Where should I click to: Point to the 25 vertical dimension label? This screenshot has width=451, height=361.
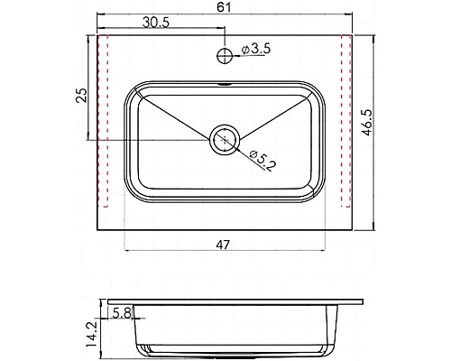pyautogui.click(x=80, y=97)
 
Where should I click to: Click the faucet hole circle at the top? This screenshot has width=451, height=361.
pyautogui.click(x=224, y=56)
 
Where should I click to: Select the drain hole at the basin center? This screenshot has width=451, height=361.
pyautogui.click(x=224, y=140)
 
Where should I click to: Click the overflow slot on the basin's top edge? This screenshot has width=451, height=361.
pyautogui.click(x=224, y=88)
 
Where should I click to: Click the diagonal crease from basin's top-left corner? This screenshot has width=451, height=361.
pyautogui.click(x=176, y=114)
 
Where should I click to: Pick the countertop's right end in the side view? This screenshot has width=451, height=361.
pyautogui.click(x=364, y=303)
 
